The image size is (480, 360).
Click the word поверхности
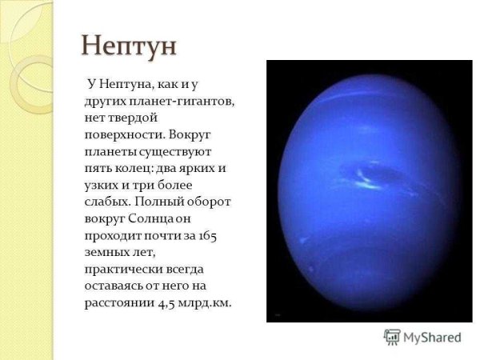pyautogui.click(x=122, y=134)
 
